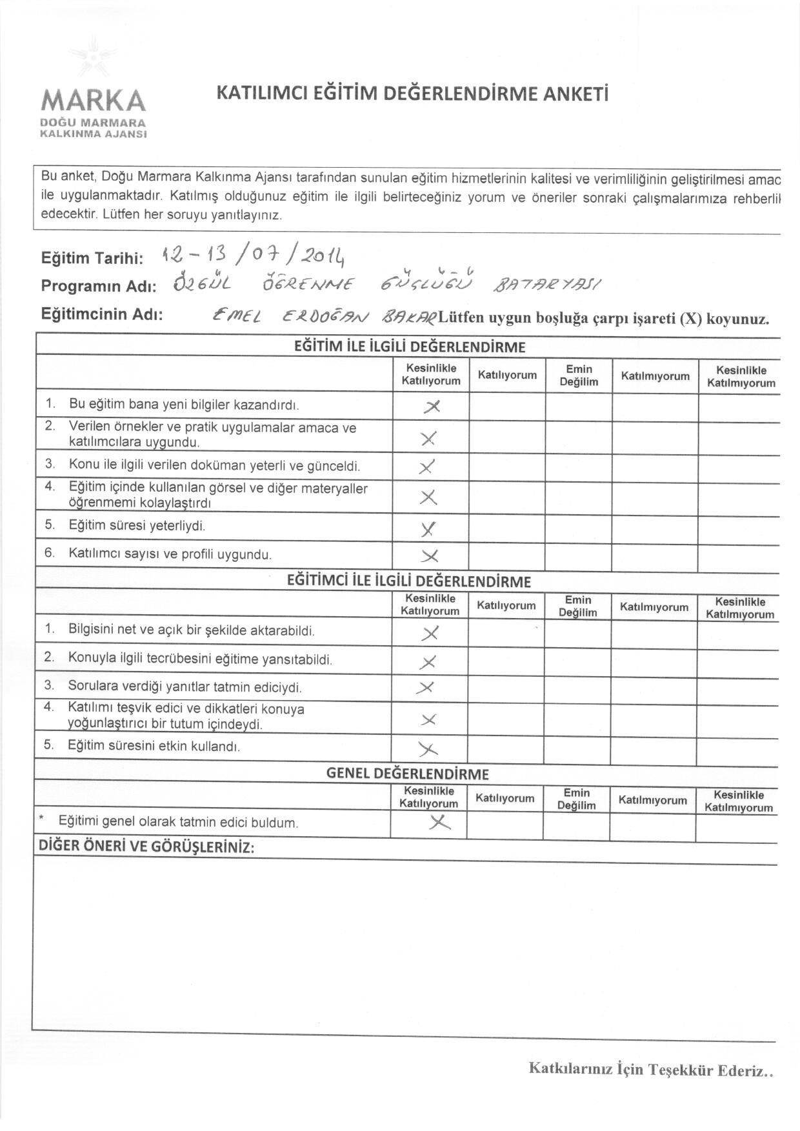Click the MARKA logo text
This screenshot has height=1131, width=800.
(x=94, y=101)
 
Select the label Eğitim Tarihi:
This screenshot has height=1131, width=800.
(x=92, y=259)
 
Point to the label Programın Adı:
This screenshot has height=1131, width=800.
(x=99, y=286)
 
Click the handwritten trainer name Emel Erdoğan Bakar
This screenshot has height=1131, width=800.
(x=326, y=317)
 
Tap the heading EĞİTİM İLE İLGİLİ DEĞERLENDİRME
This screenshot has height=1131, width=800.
(x=409, y=347)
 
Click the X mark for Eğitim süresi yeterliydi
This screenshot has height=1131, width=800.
(x=428, y=529)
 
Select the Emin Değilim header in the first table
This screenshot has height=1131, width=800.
(x=579, y=375)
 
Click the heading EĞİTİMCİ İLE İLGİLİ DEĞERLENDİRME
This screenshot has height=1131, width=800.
(x=408, y=581)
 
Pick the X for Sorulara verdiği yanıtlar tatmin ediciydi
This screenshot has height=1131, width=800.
(x=426, y=688)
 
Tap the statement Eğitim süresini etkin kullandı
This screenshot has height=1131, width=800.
(x=154, y=746)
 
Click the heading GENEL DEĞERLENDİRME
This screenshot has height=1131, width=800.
(x=408, y=774)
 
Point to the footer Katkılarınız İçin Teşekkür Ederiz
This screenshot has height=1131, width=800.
(x=650, y=1069)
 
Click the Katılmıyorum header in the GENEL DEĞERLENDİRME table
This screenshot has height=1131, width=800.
(x=652, y=800)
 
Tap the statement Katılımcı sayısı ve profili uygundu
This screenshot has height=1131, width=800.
(x=170, y=554)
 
